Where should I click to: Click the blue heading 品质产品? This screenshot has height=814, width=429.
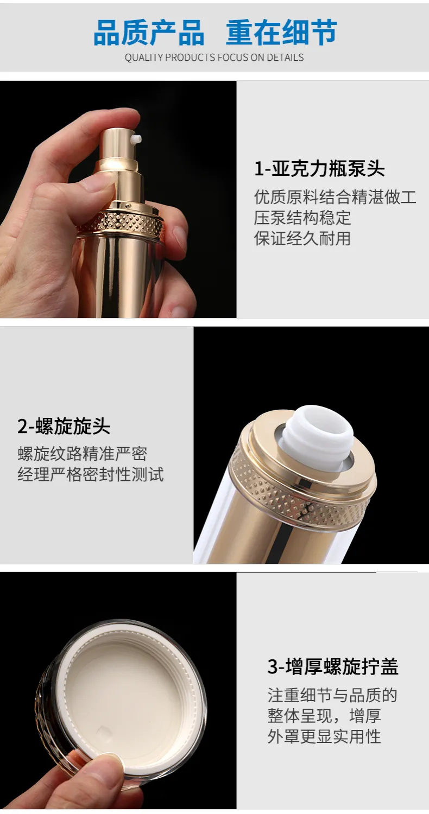149,33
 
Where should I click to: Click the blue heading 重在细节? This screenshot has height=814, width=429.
282,33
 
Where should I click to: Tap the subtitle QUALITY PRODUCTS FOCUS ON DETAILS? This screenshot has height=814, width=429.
214,58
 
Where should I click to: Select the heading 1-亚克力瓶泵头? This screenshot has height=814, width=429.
319,169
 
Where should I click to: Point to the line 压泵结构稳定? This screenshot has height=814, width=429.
302,218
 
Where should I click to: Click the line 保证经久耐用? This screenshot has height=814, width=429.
302,238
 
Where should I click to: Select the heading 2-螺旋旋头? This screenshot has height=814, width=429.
64,426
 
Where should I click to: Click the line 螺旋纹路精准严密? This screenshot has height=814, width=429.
83,454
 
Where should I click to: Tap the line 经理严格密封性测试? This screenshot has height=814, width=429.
91,475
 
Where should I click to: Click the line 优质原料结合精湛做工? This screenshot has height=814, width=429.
335,197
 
